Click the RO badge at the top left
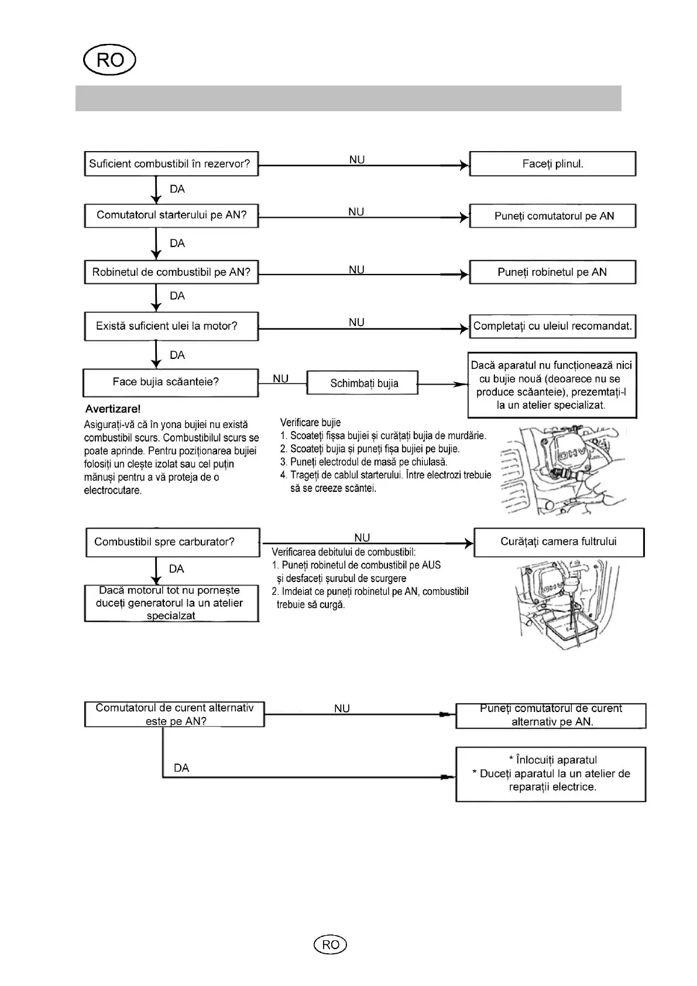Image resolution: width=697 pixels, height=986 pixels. click(x=109, y=60)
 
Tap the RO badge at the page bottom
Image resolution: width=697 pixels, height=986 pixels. click(x=330, y=944)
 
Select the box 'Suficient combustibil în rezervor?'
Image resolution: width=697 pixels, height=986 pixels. click(x=171, y=164)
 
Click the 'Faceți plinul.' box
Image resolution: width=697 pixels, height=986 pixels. click(x=552, y=164)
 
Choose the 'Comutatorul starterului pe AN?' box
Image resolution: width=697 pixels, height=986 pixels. click(x=171, y=215)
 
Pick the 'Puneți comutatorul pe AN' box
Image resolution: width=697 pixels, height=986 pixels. click(x=552, y=216)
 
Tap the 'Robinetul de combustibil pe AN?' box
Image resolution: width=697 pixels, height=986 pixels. click(x=171, y=272)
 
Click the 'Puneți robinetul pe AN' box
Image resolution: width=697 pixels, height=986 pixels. click(x=552, y=272)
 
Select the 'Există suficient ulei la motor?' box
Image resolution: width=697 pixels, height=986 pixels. click(x=171, y=326)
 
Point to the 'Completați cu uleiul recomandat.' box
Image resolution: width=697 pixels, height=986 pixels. click(x=552, y=326)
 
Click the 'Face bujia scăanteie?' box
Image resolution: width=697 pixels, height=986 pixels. click(x=170, y=382)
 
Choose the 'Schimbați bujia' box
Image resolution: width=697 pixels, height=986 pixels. click(x=363, y=384)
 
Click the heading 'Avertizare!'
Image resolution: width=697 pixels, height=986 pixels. click(x=113, y=409)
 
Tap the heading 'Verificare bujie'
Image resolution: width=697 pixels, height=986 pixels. click(x=310, y=422)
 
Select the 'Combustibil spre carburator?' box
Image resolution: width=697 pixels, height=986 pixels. click(x=172, y=542)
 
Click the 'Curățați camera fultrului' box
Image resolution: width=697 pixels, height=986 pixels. click(x=558, y=542)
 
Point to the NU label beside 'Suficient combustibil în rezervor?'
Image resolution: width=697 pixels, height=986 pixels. click(x=357, y=159)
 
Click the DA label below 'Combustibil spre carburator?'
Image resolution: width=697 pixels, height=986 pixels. click(x=176, y=569)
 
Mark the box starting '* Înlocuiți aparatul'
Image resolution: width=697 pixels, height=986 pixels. click(x=551, y=774)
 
